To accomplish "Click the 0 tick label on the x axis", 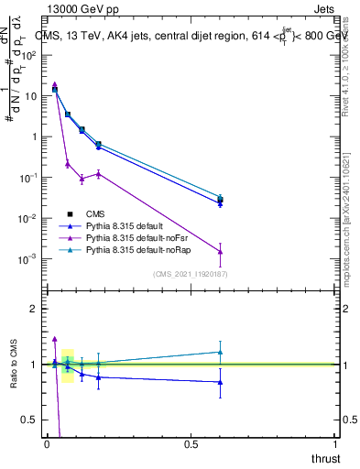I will pos(47,444).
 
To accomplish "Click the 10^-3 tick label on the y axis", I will pos(28,259).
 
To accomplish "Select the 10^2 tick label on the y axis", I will pos(29,55).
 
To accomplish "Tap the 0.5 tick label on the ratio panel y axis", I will pos(31,420).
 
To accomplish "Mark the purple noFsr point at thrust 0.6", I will pos(220,252).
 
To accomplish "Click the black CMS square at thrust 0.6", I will pos(220,200).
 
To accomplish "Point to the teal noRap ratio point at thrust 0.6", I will pos(220,352).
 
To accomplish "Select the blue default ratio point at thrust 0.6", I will pos(220,382).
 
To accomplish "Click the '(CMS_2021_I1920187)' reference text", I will pos(191,273).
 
